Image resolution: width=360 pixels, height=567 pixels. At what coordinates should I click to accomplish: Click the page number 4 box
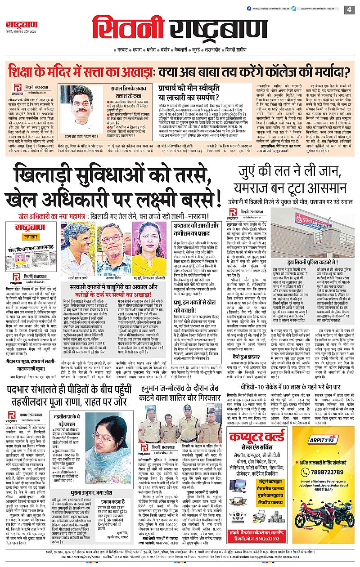(349, 9)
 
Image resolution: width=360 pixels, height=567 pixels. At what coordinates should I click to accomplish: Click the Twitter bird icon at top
(306, 9)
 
